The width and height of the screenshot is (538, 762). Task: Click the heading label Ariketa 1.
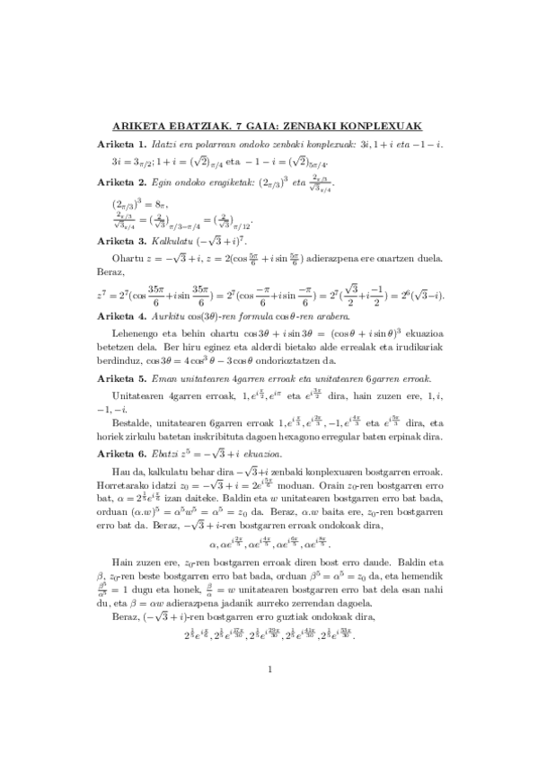coord(121,145)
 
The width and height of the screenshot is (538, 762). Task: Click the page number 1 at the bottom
coord(269,718)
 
